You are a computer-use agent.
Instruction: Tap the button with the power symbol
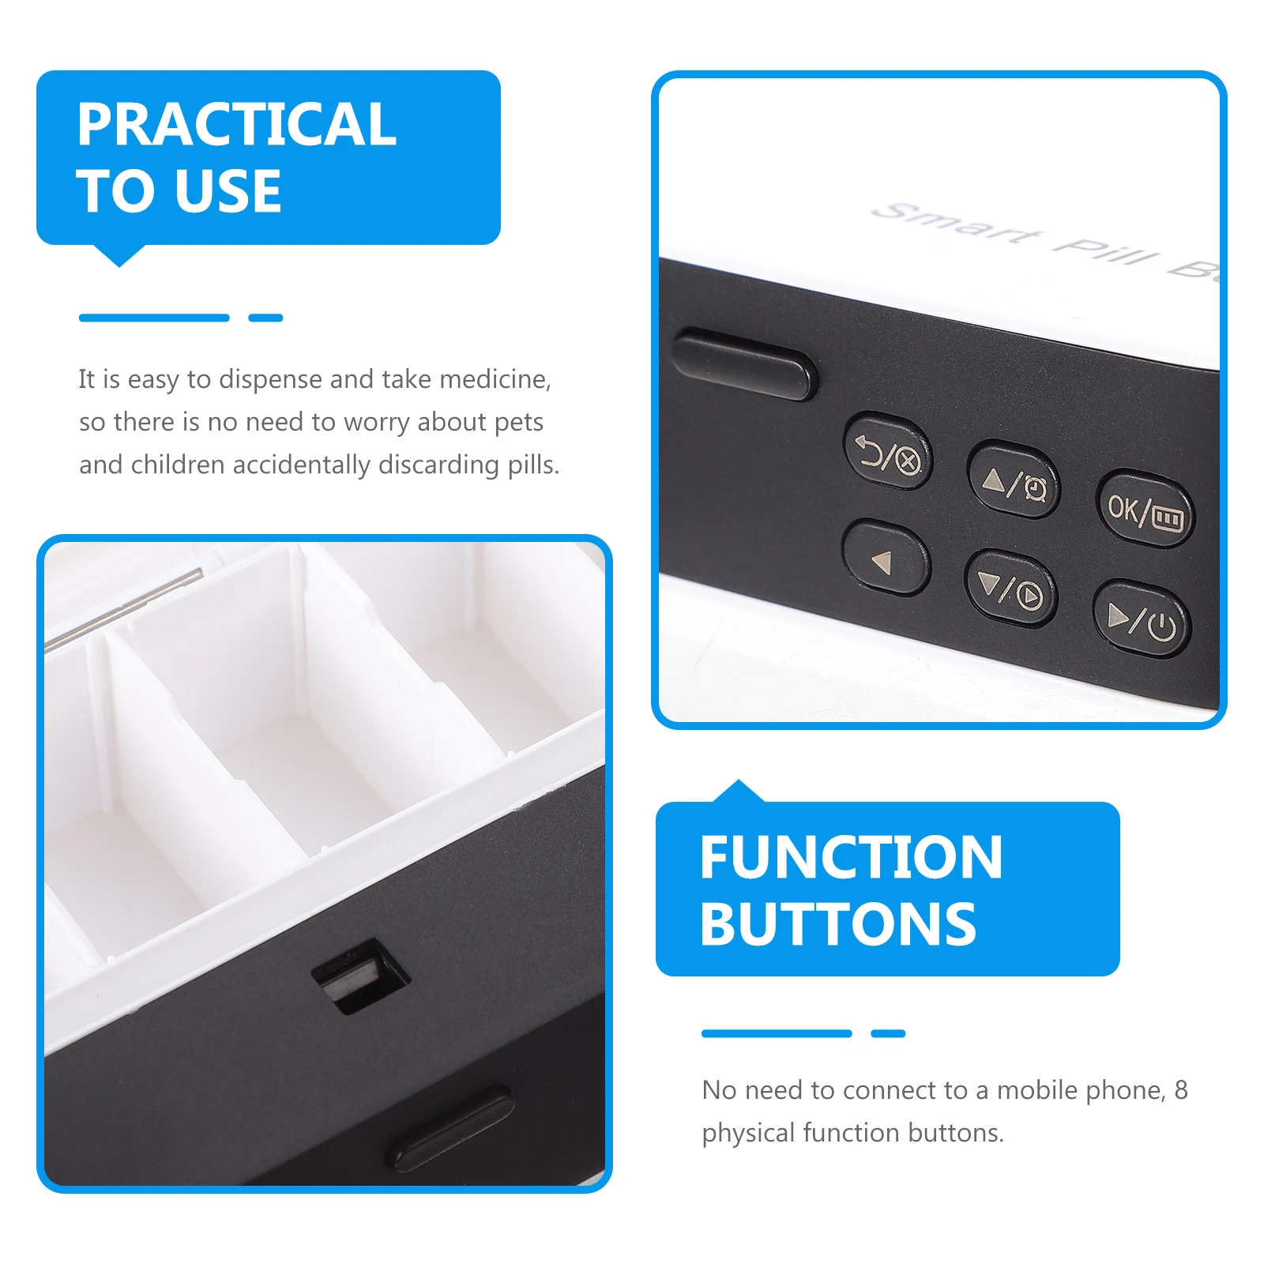tap(1142, 620)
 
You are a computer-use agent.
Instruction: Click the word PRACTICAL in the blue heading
tap(236, 125)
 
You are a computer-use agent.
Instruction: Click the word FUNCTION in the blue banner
tap(851, 858)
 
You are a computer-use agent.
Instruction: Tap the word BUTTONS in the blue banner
tap(838, 925)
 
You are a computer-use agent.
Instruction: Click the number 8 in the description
tap(1180, 1090)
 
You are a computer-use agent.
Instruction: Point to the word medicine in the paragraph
tap(495, 380)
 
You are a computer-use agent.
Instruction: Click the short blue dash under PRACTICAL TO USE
tap(265, 318)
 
